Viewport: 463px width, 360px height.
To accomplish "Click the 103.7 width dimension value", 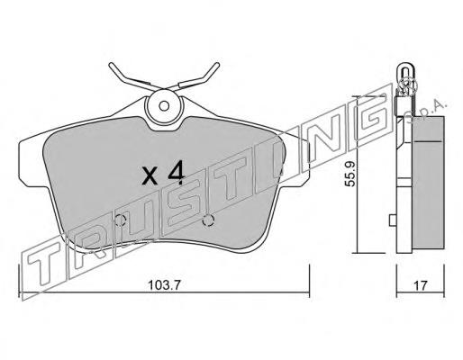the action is coord(164,285).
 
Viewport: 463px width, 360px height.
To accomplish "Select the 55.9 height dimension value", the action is coord(350,174).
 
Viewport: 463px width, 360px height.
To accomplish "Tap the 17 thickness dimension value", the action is coord(421,285).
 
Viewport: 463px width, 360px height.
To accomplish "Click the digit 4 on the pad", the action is coord(176,172).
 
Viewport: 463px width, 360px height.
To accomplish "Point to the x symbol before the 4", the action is coord(150,176).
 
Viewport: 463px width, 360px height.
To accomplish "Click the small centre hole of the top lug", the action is coord(164,106).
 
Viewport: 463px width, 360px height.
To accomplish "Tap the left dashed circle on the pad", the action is coord(120,221).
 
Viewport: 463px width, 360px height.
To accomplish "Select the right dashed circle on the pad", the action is coord(208,220).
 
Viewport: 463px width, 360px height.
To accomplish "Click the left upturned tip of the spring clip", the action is coord(111,64).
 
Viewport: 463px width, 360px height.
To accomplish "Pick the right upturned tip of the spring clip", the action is coord(217,64).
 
